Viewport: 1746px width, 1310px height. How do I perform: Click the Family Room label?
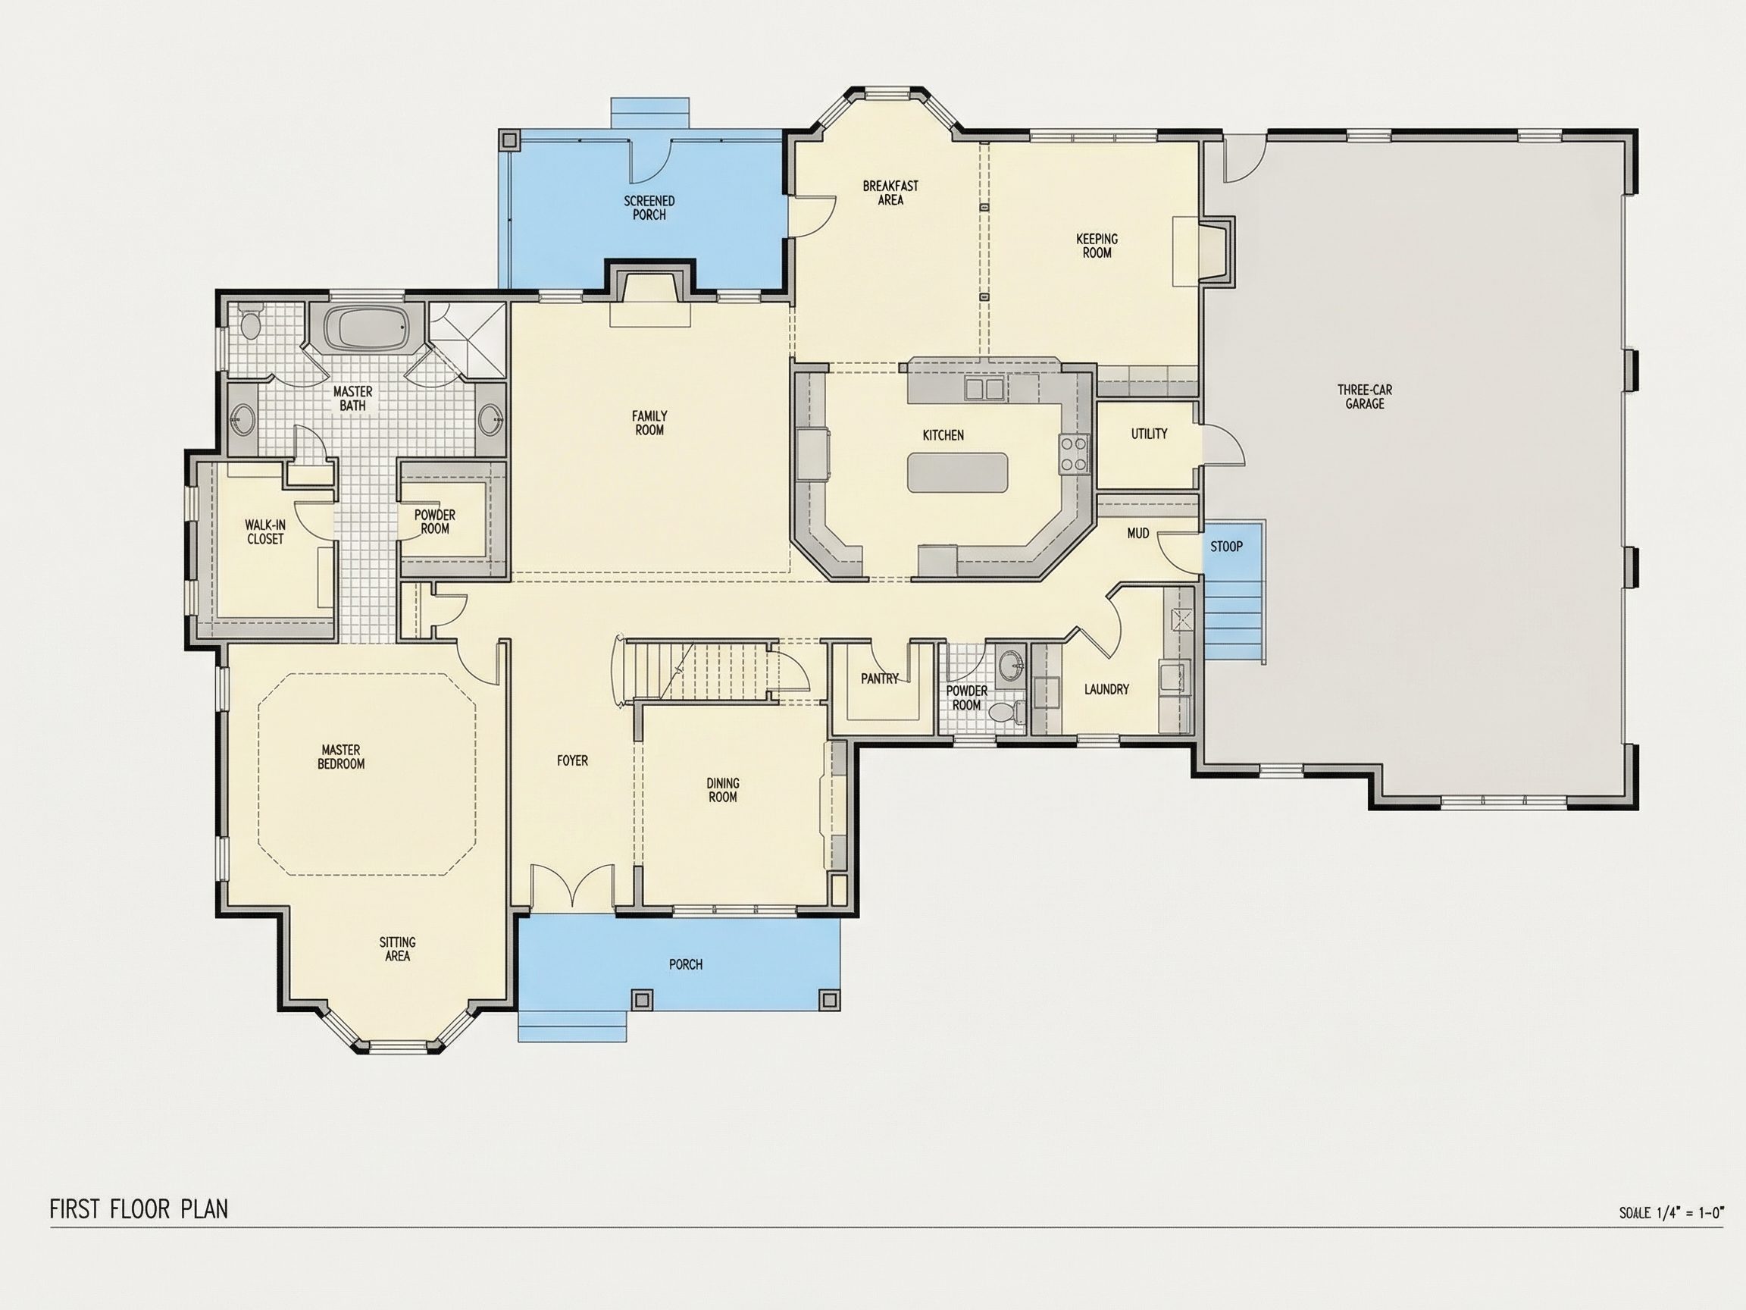pos(649,423)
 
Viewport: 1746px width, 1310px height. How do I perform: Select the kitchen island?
pos(957,472)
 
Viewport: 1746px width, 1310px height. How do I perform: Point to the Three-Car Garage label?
pos(1365,396)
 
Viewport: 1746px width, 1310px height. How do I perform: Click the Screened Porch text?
pos(649,208)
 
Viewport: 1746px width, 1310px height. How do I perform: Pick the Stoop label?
pos(1226,547)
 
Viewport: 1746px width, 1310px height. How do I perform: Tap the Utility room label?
pos(1149,434)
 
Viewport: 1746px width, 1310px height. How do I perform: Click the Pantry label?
pos(879,679)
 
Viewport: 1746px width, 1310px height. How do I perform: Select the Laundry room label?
pos(1106,689)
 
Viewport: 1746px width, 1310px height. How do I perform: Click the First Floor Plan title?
pos(139,1208)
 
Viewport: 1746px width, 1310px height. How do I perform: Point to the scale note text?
pos(1670,1212)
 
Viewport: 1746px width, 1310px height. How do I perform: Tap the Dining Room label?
pos(722,790)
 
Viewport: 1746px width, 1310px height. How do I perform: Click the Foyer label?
pos(572,760)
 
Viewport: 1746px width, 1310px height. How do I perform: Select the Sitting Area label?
pos(397,948)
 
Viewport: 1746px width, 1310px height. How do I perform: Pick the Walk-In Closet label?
pos(265,531)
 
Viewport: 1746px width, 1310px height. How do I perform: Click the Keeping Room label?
pos(1097,246)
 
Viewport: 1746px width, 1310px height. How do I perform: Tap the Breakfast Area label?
pos(890,193)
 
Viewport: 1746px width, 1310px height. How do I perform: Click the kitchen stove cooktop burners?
pos(1074,453)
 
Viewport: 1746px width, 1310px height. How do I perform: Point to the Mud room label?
pos(1137,534)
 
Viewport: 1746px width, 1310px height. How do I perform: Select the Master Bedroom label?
pos(341,757)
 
